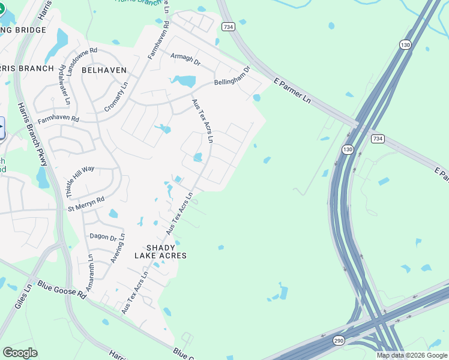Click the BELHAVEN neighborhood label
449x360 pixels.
pos(104,70)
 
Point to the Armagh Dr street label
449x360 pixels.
pos(185,58)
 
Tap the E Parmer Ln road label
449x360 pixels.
pos(292,91)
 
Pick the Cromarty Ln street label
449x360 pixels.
pos(116,96)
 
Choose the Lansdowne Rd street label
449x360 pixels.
pos(82,61)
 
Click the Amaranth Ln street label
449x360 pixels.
pos(90,273)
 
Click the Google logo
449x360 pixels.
pos(20,352)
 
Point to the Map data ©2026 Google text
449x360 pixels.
pos(412,355)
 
